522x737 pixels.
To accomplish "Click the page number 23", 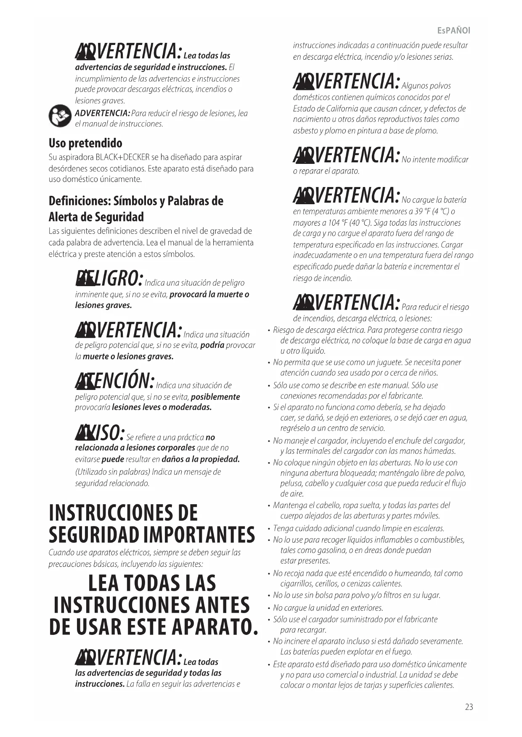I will (x=469, y=707).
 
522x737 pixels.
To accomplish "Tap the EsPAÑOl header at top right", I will (x=454, y=31).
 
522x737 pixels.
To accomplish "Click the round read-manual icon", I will (x=60, y=116).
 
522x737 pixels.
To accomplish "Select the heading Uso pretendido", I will (x=85, y=143).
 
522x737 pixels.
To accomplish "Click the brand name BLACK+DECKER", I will (x=122, y=158).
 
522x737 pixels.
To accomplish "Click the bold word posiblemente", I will (x=215, y=397).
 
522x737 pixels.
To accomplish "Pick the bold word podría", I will (x=212, y=345).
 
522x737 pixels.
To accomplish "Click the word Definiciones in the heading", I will (x=79, y=201).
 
